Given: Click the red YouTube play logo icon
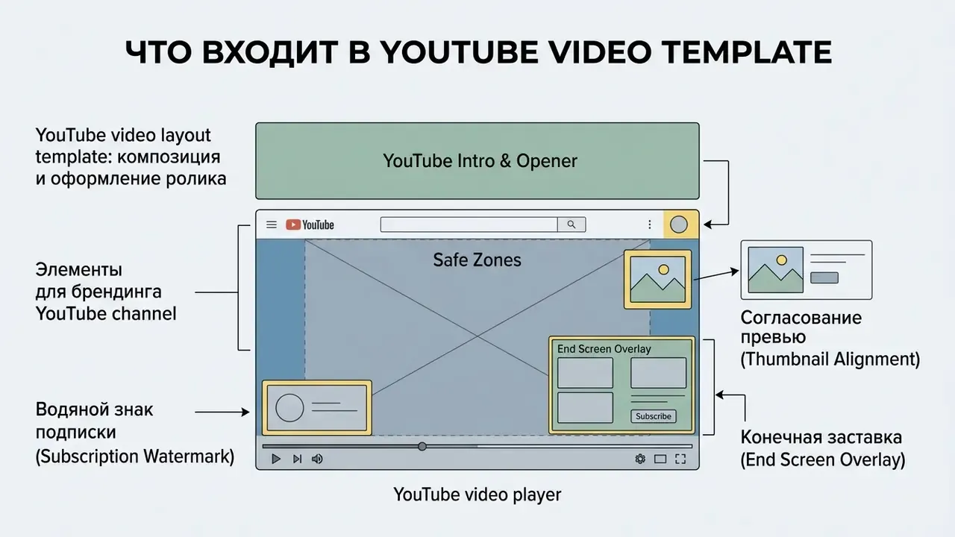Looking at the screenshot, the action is click(293, 224).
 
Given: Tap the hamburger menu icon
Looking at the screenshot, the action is click(272, 224).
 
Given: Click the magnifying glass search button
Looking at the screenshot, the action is click(572, 224).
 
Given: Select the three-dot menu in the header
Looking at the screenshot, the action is click(649, 224).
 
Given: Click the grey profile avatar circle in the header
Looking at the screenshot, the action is click(679, 224).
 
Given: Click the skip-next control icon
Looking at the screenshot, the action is click(297, 459).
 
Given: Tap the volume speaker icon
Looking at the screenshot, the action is click(317, 459).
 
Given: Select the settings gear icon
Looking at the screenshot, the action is click(640, 459).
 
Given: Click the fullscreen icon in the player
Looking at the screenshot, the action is click(680, 459).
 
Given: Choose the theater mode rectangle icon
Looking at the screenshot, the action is click(660, 459).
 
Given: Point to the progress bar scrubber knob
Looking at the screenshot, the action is click(422, 446).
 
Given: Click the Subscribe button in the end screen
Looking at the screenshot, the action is click(653, 416).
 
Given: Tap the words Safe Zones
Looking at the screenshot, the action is click(477, 260).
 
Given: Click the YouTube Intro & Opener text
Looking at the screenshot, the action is click(480, 161).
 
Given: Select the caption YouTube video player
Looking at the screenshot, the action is click(477, 494).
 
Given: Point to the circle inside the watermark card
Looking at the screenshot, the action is click(289, 408).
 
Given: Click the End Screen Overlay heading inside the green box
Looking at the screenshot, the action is click(604, 349).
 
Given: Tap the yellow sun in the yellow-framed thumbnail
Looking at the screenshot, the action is click(663, 269).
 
